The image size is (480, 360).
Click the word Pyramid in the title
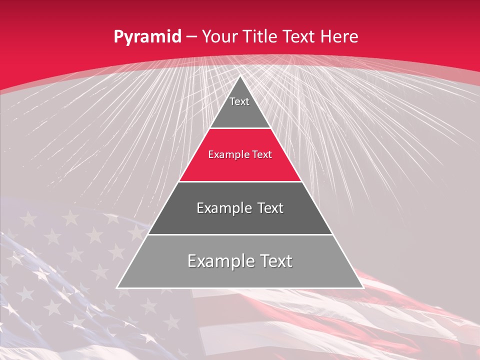click(x=147, y=37)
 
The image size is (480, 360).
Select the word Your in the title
click(x=218, y=36)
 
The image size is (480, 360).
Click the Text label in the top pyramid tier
click(x=239, y=101)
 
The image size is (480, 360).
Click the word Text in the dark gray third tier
click(x=270, y=208)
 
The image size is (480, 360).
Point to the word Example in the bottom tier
click(x=218, y=261)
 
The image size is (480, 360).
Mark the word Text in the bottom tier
click(x=274, y=261)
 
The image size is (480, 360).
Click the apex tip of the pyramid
click(x=240, y=76)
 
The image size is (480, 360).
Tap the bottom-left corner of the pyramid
click(x=117, y=287)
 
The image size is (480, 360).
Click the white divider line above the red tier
click(x=240, y=128)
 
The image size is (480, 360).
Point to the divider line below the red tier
click(x=240, y=181)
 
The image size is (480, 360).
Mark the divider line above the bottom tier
click(x=240, y=234)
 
